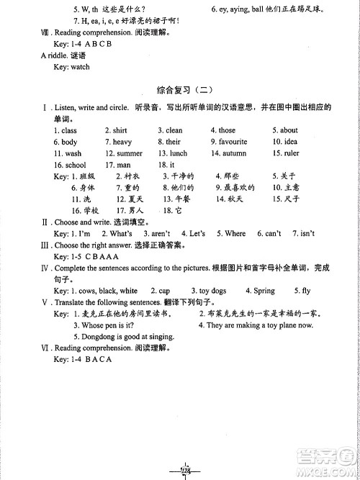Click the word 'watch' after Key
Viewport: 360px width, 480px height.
coord(80,67)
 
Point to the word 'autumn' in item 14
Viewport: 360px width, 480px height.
coord(234,153)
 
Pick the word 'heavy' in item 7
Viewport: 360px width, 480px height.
coord(122,142)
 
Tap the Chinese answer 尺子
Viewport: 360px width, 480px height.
coord(292,199)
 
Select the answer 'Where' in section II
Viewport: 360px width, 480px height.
coord(235,234)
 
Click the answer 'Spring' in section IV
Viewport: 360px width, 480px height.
coord(264,291)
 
